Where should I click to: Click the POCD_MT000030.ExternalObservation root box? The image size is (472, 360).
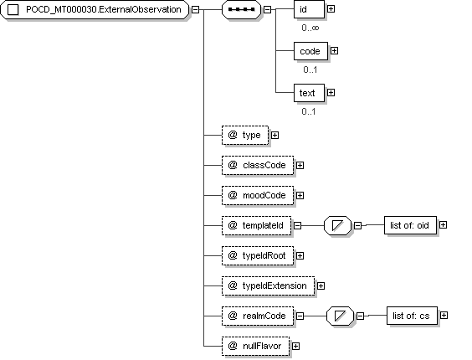95,10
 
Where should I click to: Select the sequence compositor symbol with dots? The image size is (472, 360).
241,10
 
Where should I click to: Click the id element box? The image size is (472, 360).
309,9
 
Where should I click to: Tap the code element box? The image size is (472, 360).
310,51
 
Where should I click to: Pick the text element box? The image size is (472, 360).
309,93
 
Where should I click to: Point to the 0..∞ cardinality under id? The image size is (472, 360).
310,28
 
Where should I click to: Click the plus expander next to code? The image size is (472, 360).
334,51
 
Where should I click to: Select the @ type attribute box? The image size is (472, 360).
245,136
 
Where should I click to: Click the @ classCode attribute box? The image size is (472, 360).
258,166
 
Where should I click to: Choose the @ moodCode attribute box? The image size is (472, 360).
258,196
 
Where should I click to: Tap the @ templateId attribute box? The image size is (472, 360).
256,226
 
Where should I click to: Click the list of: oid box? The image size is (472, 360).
410,225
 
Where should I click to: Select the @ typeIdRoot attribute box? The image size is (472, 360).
258,255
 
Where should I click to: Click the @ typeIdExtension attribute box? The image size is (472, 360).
268,285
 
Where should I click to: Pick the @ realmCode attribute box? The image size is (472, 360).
258,316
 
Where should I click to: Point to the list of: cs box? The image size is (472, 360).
412,316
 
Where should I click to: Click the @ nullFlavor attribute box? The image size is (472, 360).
255,346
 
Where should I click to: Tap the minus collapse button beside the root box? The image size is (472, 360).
195,10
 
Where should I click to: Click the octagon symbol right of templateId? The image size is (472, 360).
338,225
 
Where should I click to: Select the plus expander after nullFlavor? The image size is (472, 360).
296,347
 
